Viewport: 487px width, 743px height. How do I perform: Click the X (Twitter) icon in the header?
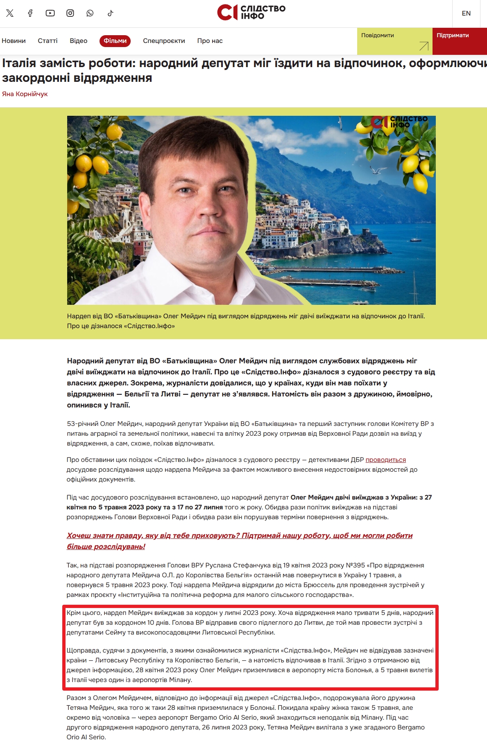pyautogui.click(x=10, y=13)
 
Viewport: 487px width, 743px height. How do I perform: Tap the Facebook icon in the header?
pyautogui.click(x=30, y=13)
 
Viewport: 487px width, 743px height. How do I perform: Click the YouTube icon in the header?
pyautogui.click(x=50, y=13)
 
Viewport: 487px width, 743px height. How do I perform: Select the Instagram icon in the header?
pyautogui.click(x=70, y=13)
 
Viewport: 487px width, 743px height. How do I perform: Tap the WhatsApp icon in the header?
pyautogui.click(x=90, y=13)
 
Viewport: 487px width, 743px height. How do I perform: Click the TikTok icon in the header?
pyautogui.click(x=110, y=13)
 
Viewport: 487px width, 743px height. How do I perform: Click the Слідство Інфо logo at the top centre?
pyautogui.click(x=251, y=13)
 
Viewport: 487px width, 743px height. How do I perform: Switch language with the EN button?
pyautogui.click(x=466, y=14)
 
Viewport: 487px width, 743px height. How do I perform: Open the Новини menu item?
pyautogui.click(x=14, y=41)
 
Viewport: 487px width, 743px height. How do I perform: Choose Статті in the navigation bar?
pyautogui.click(x=48, y=41)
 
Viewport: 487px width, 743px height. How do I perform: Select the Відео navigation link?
pyautogui.click(x=79, y=41)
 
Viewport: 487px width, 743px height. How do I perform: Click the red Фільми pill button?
pyautogui.click(x=115, y=41)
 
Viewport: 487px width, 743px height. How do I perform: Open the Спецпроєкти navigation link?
pyautogui.click(x=164, y=41)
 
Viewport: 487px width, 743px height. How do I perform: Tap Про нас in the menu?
pyautogui.click(x=210, y=41)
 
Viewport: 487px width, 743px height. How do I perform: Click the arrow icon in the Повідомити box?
pyautogui.click(x=424, y=46)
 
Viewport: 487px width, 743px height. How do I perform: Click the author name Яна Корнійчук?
pyautogui.click(x=25, y=94)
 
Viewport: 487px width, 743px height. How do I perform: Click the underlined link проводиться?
pyautogui.click(x=385, y=460)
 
